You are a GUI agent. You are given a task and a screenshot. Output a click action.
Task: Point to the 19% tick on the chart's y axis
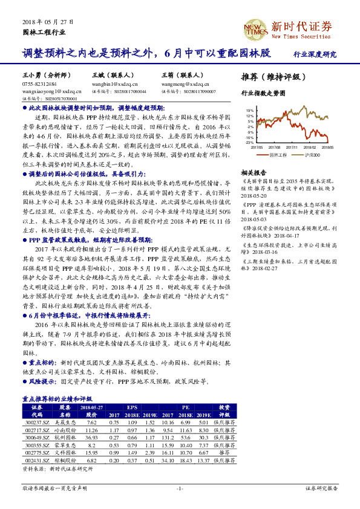250,111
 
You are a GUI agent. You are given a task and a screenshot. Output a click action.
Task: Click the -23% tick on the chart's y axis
250,142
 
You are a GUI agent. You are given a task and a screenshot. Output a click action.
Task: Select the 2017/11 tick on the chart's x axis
293,146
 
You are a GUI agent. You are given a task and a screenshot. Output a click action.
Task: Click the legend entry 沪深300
315,155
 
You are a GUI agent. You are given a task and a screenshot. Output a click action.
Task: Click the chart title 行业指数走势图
263,94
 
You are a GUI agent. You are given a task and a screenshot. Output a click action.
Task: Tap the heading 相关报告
251,172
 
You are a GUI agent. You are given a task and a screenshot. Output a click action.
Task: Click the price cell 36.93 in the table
91,438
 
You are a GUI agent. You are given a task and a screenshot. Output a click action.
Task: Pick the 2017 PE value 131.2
169,438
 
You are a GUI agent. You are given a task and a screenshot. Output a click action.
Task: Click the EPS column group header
132,407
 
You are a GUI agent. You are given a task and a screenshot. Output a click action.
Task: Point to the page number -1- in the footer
180,488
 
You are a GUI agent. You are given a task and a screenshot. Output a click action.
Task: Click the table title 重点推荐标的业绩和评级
57,399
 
